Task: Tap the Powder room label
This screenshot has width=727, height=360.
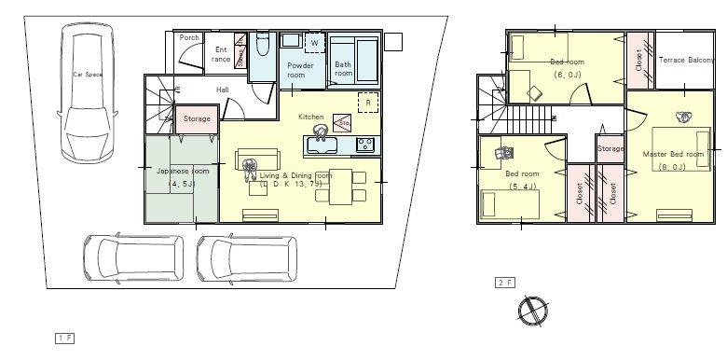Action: (299, 70)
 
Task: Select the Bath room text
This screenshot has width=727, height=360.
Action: (344, 68)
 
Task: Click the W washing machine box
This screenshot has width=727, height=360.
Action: (314, 43)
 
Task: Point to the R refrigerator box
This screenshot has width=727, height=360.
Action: (369, 102)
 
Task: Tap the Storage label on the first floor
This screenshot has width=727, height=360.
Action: (197, 119)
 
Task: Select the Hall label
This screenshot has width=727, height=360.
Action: (223, 90)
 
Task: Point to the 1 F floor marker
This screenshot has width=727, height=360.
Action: (63, 336)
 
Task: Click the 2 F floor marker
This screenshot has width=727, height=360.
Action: (504, 282)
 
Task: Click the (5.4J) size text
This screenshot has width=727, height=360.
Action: (522, 187)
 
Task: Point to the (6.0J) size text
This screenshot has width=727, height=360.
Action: (567, 74)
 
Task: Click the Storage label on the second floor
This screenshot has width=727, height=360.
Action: (610, 149)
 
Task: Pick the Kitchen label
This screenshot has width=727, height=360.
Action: (310, 118)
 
